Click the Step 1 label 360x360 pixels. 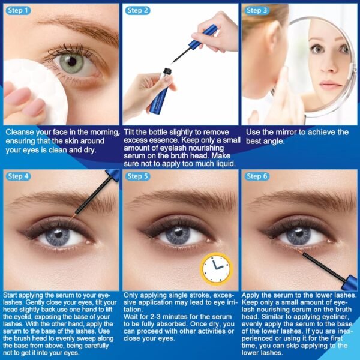pos(19,10)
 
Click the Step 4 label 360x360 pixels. pos(19,176)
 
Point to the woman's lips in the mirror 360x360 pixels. pos(329,85)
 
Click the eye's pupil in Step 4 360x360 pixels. pos(58,235)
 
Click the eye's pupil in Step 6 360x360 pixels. pos(298,235)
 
